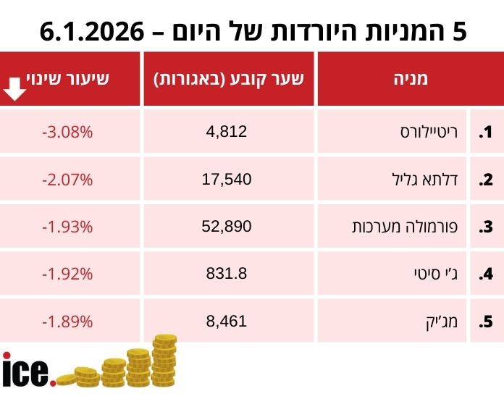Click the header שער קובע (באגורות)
click(x=229, y=79)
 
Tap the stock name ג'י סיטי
click(x=437, y=274)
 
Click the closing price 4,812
click(x=227, y=131)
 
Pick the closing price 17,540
click(x=227, y=179)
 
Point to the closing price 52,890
click(x=227, y=227)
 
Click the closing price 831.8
click(x=227, y=274)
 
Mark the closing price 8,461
click(x=227, y=321)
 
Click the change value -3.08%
click(x=67, y=132)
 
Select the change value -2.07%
click(x=67, y=179)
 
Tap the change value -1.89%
click(x=67, y=321)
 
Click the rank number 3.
click(x=486, y=227)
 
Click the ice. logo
click(x=28, y=370)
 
